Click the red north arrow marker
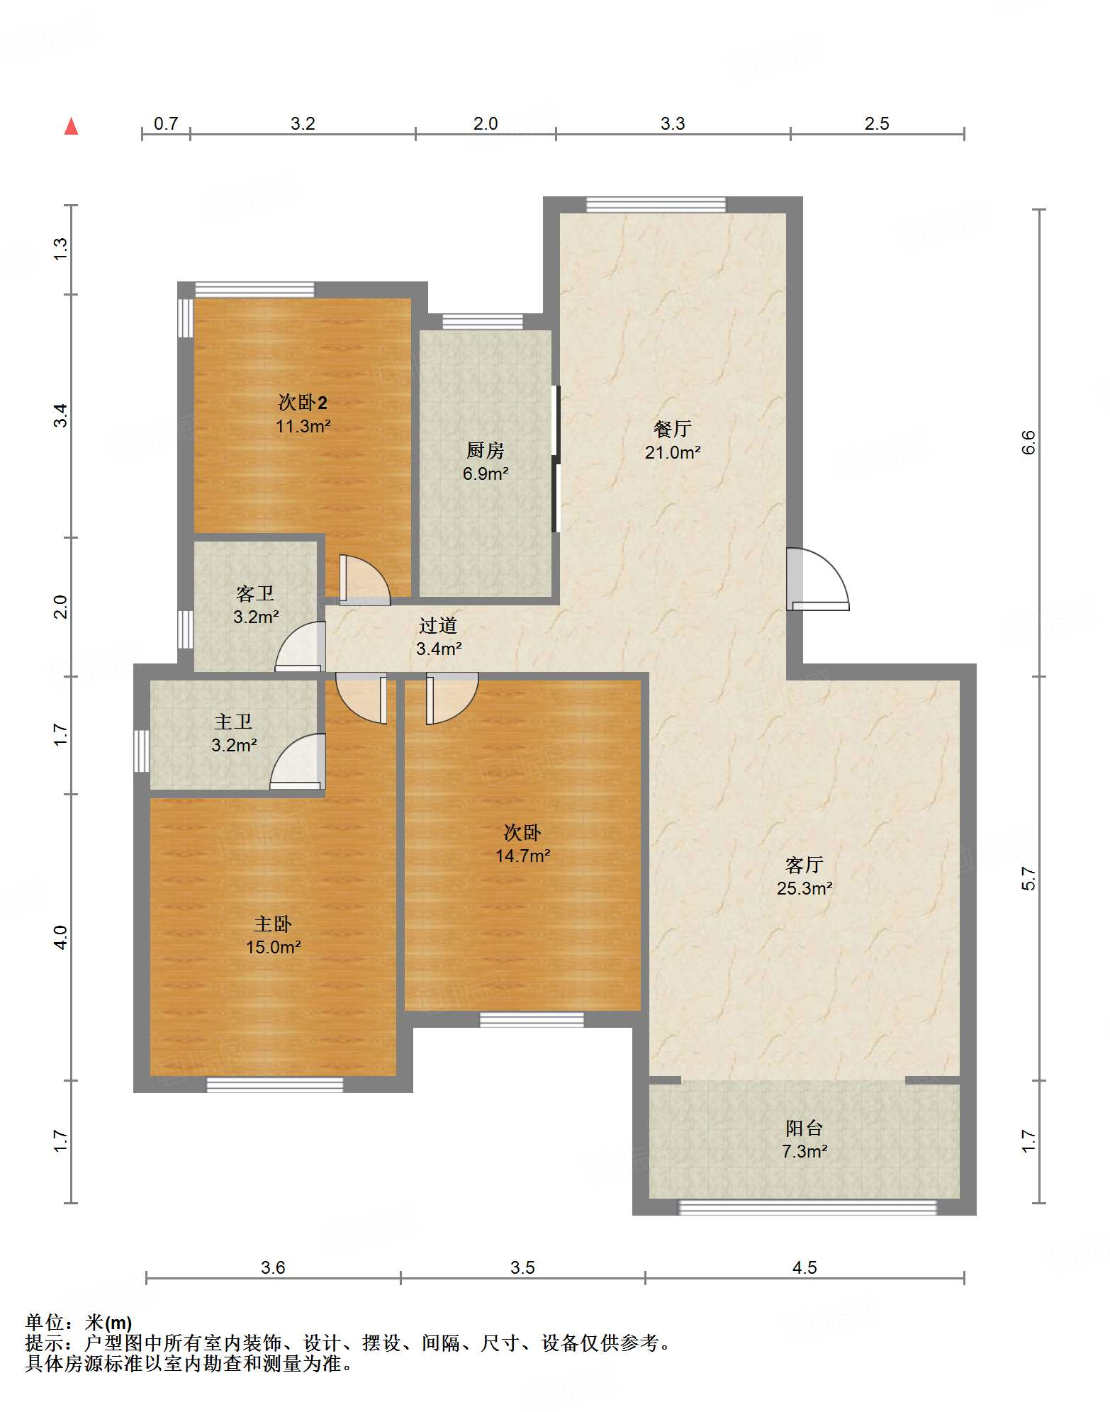tap(71, 126)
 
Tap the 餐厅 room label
tap(672, 429)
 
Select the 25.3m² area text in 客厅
tap(805, 888)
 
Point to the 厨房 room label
tap(486, 450)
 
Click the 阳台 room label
tap(805, 1128)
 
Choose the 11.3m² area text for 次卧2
tap(303, 426)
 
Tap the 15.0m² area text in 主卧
tap(274, 947)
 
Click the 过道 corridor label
tap(438, 625)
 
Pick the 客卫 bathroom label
tap(255, 593)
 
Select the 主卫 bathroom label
tap(233, 722)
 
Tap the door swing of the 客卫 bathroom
tap(300, 646)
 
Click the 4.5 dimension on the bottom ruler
tap(805, 1267)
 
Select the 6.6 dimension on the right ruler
tap(1028, 442)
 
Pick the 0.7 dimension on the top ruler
tap(166, 123)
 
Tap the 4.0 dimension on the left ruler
tap(61, 937)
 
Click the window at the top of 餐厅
tap(656, 205)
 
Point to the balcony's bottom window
tap(808, 1206)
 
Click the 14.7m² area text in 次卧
tap(523, 856)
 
